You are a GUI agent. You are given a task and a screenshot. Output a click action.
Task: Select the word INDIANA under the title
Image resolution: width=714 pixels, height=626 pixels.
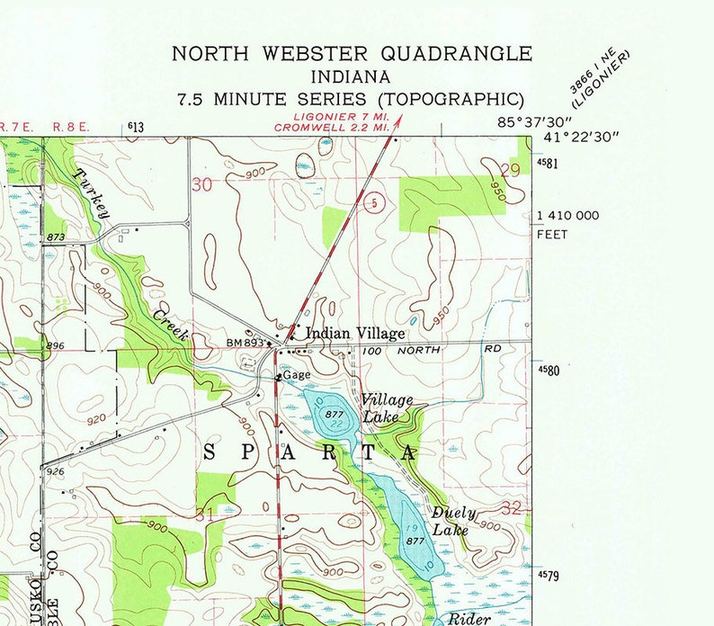click(352, 76)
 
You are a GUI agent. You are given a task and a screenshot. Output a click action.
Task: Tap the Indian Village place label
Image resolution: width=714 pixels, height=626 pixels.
click(355, 334)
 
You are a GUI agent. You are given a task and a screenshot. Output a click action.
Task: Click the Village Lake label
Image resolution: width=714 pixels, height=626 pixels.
click(388, 408)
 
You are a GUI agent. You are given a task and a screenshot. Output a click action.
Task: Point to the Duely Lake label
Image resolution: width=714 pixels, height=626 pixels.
click(453, 522)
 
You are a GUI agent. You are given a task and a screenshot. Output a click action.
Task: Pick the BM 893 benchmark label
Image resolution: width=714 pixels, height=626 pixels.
click(245, 343)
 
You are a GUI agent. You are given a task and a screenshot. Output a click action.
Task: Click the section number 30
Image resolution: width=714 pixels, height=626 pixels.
click(203, 184)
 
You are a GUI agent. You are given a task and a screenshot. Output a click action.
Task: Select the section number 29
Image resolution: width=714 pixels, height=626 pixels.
click(512, 169)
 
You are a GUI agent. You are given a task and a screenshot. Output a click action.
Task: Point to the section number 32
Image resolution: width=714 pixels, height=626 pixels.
click(512, 508)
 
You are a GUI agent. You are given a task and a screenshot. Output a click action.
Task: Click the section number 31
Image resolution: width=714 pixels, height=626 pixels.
click(205, 514)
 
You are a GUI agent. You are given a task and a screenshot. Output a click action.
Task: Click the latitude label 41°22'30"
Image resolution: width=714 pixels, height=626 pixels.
click(582, 138)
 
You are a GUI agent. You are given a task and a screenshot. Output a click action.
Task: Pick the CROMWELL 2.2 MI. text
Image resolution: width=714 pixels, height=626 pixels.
click(333, 128)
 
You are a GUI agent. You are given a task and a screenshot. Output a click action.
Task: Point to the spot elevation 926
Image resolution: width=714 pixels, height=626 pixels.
click(54, 471)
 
